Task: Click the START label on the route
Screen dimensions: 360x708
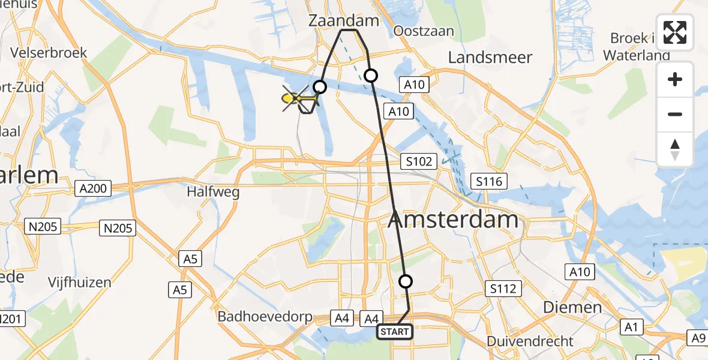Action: coord(395,332)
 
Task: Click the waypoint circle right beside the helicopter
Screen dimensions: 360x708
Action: coord(320,88)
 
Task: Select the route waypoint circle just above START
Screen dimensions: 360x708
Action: coord(406,281)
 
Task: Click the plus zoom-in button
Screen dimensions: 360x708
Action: coord(675,79)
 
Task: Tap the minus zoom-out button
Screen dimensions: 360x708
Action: coord(675,114)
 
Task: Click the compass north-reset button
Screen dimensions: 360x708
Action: coord(675,149)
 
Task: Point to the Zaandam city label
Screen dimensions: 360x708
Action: coord(344,21)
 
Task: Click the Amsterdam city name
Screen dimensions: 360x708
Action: coord(453,220)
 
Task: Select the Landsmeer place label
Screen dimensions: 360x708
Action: coord(490,58)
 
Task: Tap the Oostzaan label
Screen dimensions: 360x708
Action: coord(423,31)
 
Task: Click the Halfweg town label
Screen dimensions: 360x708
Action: coord(213,193)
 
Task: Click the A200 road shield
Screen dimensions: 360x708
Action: coord(93,189)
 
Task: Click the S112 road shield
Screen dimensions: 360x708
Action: coord(503,289)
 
